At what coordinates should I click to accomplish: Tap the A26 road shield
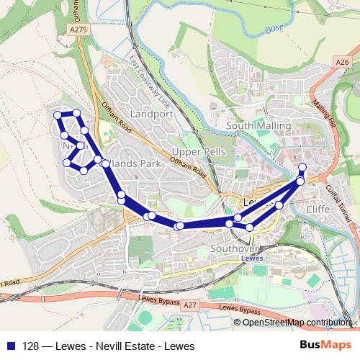pyautogui.click(x=342, y=63)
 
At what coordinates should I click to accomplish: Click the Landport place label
pyautogui.click(x=152, y=114)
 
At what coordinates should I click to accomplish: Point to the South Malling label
pyautogui.click(x=258, y=125)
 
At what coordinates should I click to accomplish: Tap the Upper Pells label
pyautogui.click(x=199, y=152)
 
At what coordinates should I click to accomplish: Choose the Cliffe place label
pyautogui.click(x=318, y=209)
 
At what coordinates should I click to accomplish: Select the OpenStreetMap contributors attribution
pyautogui.click(x=295, y=322)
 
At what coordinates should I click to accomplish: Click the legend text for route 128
pyautogui.click(x=109, y=346)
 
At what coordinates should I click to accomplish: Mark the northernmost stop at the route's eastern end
pyautogui.click(x=302, y=168)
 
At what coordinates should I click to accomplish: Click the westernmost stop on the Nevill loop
pyautogui.click(x=58, y=115)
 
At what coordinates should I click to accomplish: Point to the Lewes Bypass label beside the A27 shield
pyautogui.click(x=238, y=309)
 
